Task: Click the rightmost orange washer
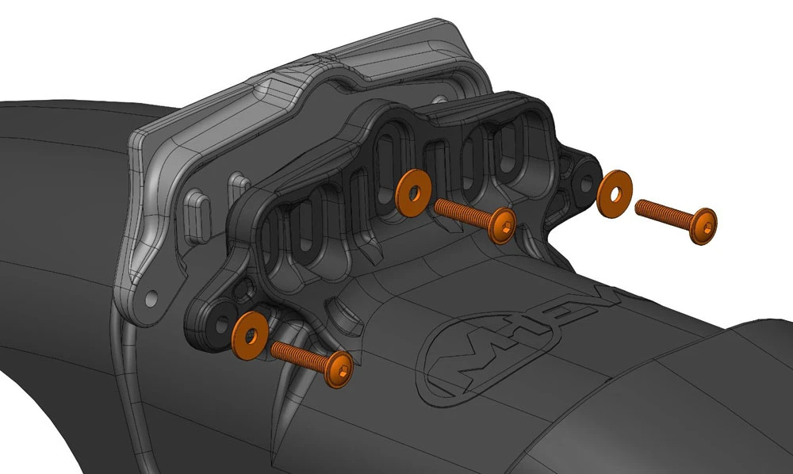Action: click(615, 194)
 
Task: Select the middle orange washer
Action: click(413, 193)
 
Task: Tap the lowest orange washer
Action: click(250, 335)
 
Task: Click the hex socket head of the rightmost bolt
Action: click(703, 227)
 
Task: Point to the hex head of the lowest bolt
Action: click(339, 369)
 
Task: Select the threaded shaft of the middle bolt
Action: click(463, 212)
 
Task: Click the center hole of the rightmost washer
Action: click(615, 194)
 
